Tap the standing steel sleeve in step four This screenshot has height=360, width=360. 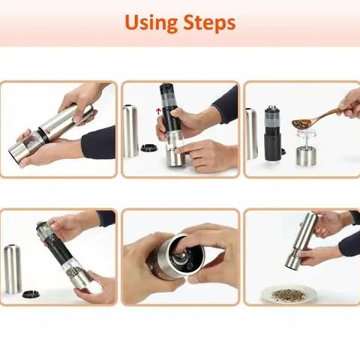(x=14, y=268)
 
